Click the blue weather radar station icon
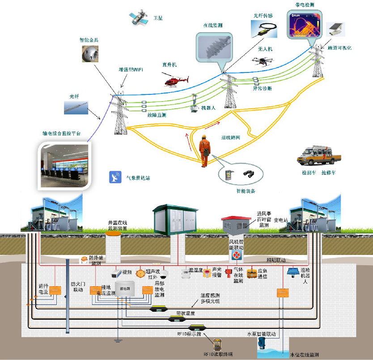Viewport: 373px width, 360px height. pos(115,178)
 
